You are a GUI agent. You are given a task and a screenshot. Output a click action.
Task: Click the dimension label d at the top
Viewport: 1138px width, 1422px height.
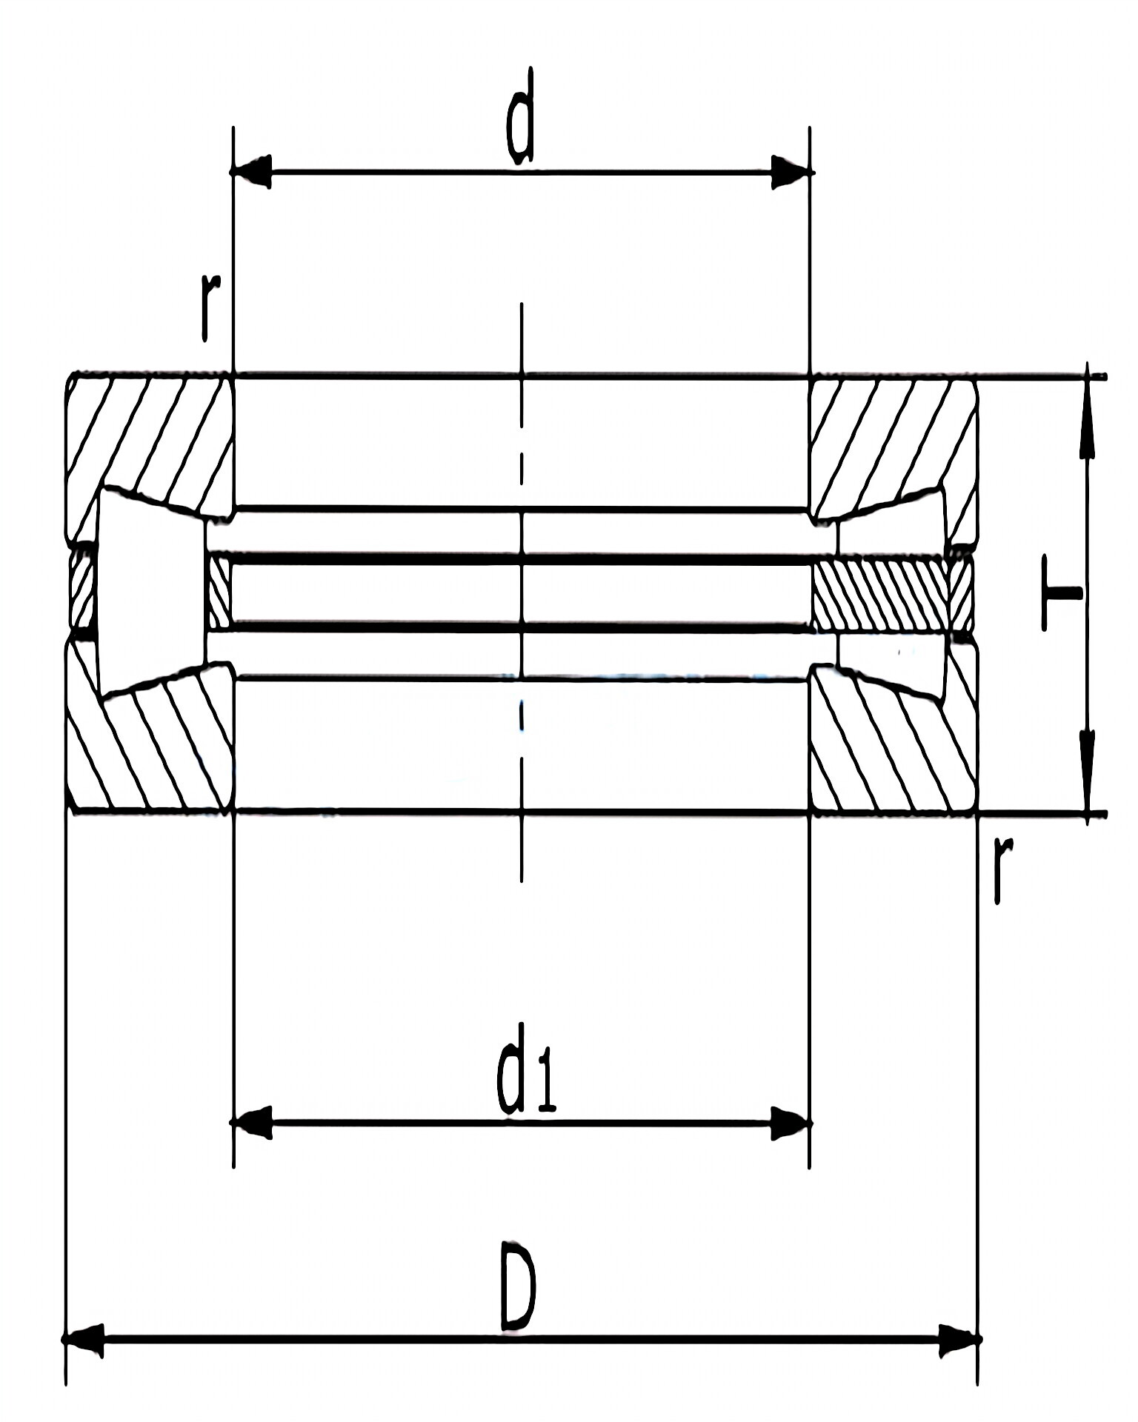click(x=520, y=116)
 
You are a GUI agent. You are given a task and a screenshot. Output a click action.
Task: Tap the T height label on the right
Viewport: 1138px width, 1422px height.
click(x=1061, y=592)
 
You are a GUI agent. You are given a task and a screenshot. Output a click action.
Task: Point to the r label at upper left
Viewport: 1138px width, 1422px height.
click(x=210, y=307)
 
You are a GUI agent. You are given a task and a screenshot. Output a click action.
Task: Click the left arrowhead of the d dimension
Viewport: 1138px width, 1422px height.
click(x=252, y=172)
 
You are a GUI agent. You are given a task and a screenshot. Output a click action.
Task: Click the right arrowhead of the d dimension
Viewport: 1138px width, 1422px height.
click(x=790, y=172)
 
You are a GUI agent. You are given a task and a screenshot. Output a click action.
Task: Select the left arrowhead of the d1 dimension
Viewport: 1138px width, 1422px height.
click(x=252, y=1124)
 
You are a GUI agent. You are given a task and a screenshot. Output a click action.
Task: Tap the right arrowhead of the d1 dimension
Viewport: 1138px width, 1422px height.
click(x=790, y=1124)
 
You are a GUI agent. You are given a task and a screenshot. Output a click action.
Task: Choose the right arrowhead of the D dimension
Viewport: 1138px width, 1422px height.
click(x=960, y=1339)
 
